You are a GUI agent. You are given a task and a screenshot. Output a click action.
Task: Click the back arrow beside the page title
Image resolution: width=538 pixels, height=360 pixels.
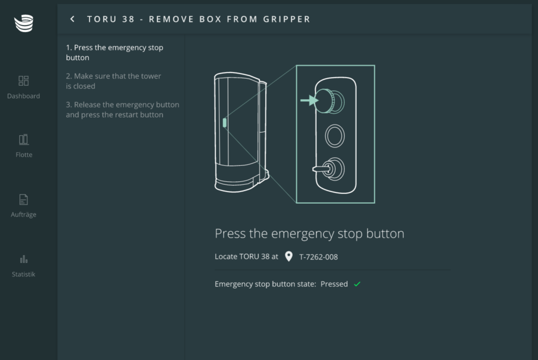pyautogui.click(x=72, y=19)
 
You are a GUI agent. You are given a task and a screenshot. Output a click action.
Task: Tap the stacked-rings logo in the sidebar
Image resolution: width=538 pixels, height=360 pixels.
pyautogui.click(x=24, y=23)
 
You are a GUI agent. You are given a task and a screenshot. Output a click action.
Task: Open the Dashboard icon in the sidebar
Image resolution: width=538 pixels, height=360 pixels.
pyautogui.click(x=24, y=81)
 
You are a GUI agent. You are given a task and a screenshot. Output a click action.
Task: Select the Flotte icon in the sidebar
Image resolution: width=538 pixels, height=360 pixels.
pyautogui.click(x=24, y=139)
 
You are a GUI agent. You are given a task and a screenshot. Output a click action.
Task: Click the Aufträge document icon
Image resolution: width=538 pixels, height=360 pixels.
pyautogui.click(x=24, y=200)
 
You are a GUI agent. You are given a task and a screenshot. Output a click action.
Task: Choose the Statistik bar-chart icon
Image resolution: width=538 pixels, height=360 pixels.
pyautogui.click(x=24, y=259)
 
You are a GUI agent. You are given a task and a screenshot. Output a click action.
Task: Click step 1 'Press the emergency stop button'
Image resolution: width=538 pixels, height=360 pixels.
pyautogui.click(x=115, y=53)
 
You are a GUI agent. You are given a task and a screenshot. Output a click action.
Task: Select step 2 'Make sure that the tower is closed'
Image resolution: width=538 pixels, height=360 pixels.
pyautogui.click(x=113, y=81)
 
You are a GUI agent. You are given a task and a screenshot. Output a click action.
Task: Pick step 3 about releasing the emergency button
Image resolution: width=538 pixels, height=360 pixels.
pyautogui.click(x=123, y=110)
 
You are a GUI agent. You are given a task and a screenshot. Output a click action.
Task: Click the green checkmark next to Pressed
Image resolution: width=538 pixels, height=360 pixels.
pyautogui.click(x=357, y=284)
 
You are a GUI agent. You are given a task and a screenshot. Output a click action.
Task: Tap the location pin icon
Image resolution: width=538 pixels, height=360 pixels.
pyautogui.click(x=289, y=256)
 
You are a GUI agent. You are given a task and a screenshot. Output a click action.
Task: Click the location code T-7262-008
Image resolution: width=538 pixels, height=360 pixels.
pyautogui.click(x=319, y=257)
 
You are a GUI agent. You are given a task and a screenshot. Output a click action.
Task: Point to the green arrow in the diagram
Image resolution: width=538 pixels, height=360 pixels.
pyautogui.click(x=309, y=100)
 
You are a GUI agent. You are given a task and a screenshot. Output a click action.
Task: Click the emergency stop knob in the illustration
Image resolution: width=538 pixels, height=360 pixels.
pyautogui.click(x=329, y=101)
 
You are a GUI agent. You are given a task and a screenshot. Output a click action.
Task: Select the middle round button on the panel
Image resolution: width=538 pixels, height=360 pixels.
pyautogui.click(x=335, y=136)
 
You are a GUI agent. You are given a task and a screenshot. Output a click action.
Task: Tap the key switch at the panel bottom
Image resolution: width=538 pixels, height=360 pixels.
pyautogui.click(x=329, y=169)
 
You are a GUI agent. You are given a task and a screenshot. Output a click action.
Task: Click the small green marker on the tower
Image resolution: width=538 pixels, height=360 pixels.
pyautogui.click(x=225, y=123)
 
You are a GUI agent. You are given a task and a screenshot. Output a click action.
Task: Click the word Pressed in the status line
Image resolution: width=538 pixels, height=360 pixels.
pyautogui.click(x=334, y=284)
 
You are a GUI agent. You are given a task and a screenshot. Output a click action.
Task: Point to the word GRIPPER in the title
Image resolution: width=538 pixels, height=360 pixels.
pyautogui.click(x=287, y=19)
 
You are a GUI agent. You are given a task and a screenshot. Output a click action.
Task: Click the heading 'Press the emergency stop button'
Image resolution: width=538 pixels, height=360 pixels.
pyautogui.click(x=309, y=234)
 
